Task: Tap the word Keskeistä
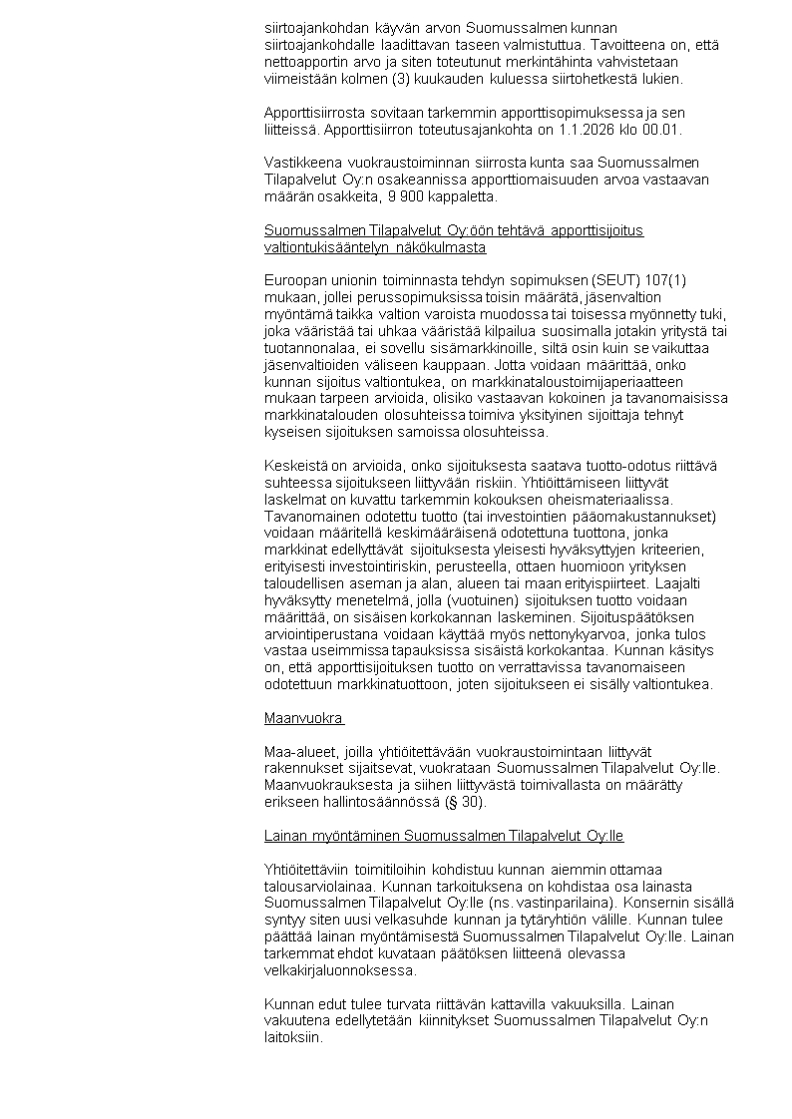click(x=297, y=466)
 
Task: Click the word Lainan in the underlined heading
click(x=286, y=835)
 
